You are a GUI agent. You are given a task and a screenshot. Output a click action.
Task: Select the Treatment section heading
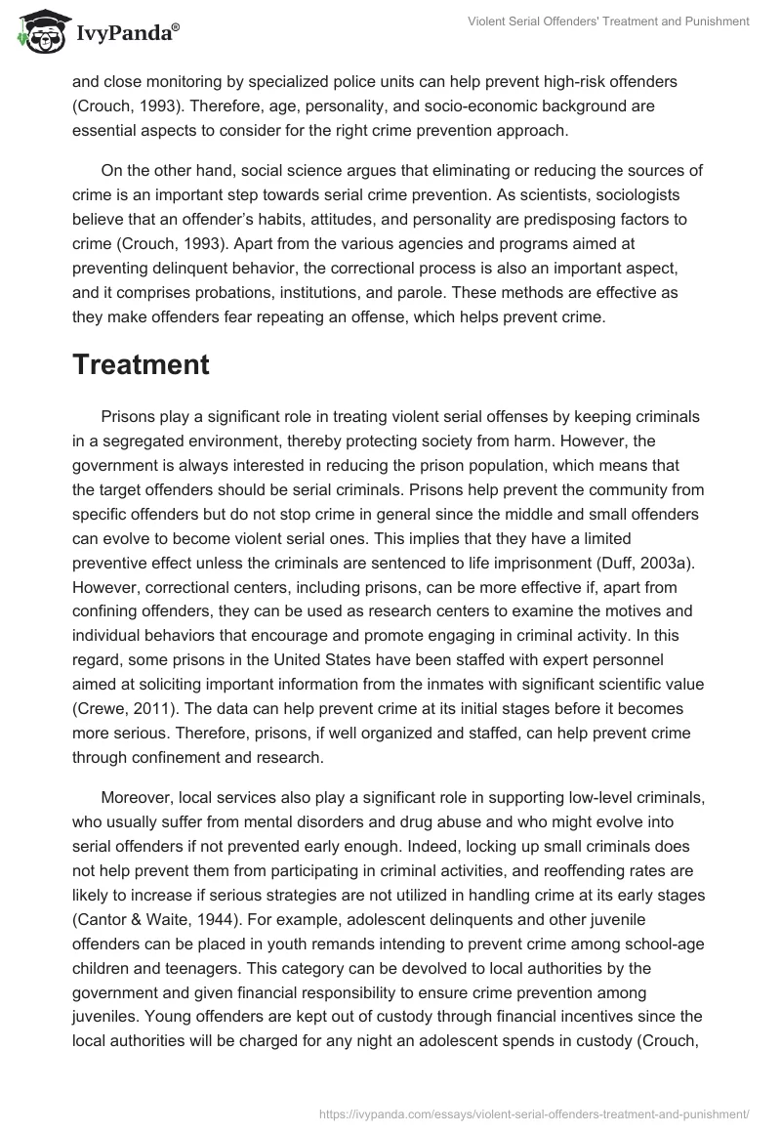[x=141, y=364]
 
